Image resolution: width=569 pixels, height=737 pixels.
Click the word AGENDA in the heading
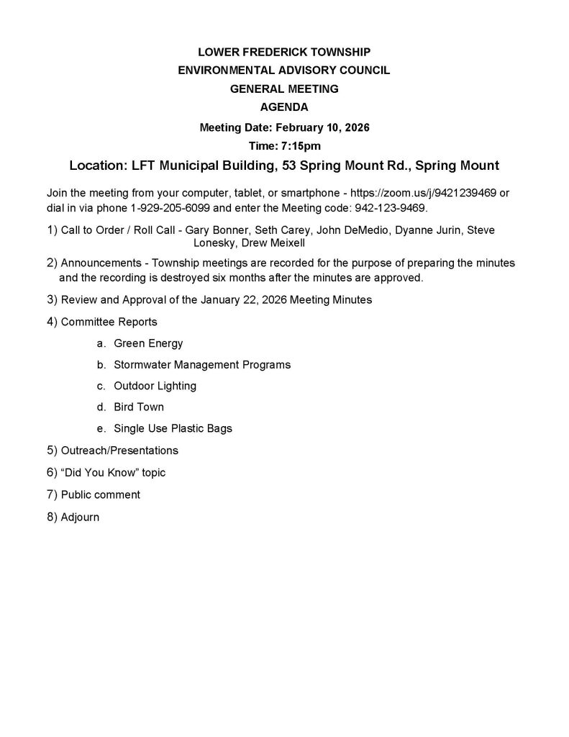pyautogui.click(x=284, y=108)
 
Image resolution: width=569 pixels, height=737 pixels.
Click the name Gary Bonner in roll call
pyautogui.click(x=216, y=230)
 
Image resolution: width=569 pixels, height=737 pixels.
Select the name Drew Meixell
pyautogui.click(x=277, y=243)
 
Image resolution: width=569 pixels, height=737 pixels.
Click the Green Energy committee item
pyautogui.click(x=148, y=343)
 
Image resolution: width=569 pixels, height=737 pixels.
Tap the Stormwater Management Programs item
pyautogui.click(x=202, y=365)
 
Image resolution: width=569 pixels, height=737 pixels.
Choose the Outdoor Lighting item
pyautogui.click(x=155, y=386)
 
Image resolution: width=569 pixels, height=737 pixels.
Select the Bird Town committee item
pyautogui.click(x=139, y=407)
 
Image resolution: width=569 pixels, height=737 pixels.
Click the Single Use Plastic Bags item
pyautogui.click(x=173, y=429)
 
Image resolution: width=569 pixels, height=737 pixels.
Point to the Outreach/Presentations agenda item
pyautogui.click(x=119, y=451)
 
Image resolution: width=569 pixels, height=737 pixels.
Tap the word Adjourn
pyautogui.click(x=80, y=517)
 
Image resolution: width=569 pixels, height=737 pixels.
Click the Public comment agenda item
pyautogui.click(x=101, y=495)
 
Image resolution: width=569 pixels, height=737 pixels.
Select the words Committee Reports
pyautogui.click(x=109, y=322)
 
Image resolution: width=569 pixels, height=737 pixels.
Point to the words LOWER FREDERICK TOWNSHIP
pyautogui.click(x=284, y=52)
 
